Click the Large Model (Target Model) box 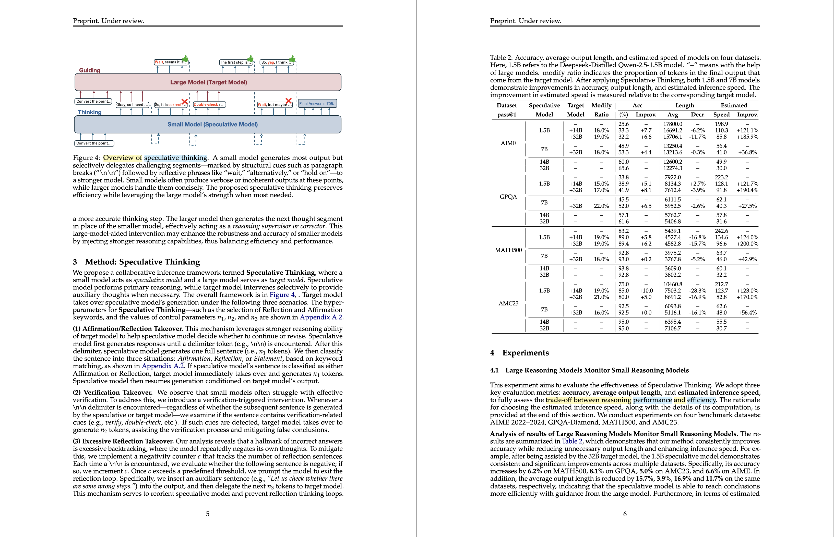[x=208, y=82]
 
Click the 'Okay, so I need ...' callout [x=132, y=105]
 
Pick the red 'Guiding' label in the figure [x=90, y=70]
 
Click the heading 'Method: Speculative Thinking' [x=142, y=262]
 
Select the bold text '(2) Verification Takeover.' [x=113, y=393]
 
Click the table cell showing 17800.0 [x=673, y=124]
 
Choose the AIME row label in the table [x=508, y=143]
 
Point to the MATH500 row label [x=508, y=250]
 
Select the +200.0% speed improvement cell [x=747, y=244]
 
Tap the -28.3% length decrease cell [x=698, y=291]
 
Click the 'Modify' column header [x=601, y=105]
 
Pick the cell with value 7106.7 [x=673, y=328]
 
